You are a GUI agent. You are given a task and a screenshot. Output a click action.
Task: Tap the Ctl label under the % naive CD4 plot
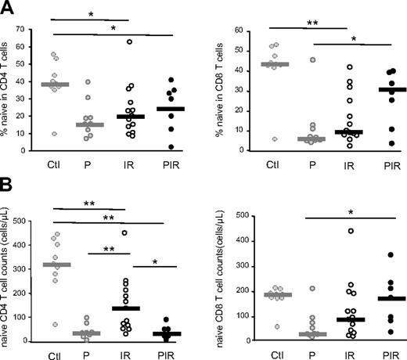click(x=57, y=164)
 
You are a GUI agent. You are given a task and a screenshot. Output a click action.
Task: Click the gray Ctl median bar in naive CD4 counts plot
click(x=56, y=265)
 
